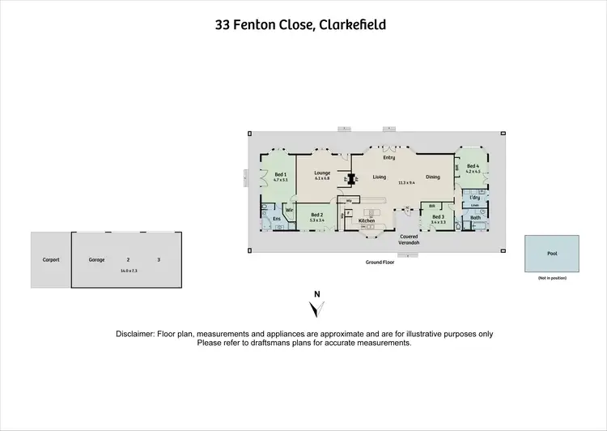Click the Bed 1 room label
point(281,174)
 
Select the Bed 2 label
point(316,215)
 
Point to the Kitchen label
point(367,221)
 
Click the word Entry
point(388,157)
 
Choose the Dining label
point(433,177)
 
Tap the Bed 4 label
point(473,166)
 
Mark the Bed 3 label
point(438,216)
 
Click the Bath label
point(476,217)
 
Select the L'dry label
point(475,197)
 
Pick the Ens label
point(276,219)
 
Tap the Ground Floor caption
point(379,262)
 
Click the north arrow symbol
point(317,309)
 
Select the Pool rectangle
point(552,254)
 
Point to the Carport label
point(51,260)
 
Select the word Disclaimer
point(137,334)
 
